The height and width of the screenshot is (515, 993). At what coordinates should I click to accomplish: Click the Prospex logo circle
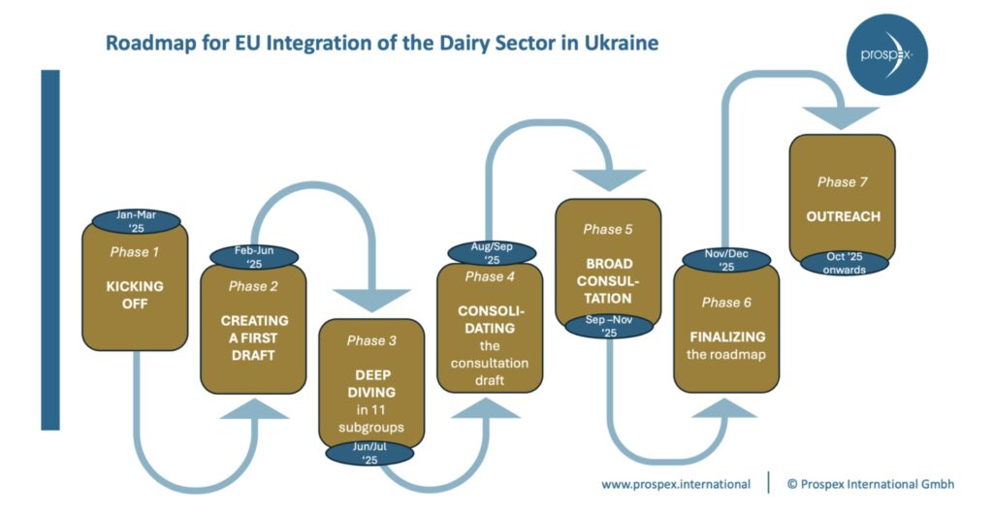[x=886, y=55]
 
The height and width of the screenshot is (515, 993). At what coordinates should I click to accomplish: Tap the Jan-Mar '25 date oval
[x=136, y=221]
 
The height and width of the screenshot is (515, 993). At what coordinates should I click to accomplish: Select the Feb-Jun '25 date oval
[x=254, y=257]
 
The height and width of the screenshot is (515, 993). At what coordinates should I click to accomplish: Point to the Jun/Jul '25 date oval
[x=369, y=453]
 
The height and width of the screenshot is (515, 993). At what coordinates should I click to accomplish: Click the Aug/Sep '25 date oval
[x=492, y=253]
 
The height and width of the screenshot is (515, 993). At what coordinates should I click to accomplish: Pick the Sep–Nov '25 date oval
[x=609, y=326]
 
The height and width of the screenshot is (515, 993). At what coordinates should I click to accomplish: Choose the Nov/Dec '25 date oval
[x=726, y=260]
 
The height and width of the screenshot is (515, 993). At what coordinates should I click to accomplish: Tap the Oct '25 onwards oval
[x=845, y=263]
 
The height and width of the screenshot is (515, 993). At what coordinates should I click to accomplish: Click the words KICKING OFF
[x=135, y=295]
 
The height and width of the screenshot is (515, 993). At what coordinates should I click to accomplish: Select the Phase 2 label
[x=253, y=286]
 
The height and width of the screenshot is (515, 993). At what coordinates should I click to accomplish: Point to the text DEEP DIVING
[x=371, y=384]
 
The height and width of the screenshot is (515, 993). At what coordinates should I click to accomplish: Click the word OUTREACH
[x=843, y=216]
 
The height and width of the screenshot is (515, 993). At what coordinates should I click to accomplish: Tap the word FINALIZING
[x=727, y=337]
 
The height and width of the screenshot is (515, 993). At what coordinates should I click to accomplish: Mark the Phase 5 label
[x=608, y=229]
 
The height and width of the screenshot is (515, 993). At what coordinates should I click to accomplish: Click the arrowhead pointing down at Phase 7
[x=841, y=117]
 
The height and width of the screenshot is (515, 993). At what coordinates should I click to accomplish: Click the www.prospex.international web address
[x=676, y=485]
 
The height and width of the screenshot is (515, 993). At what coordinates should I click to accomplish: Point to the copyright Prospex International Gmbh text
[x=870, y=484]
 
